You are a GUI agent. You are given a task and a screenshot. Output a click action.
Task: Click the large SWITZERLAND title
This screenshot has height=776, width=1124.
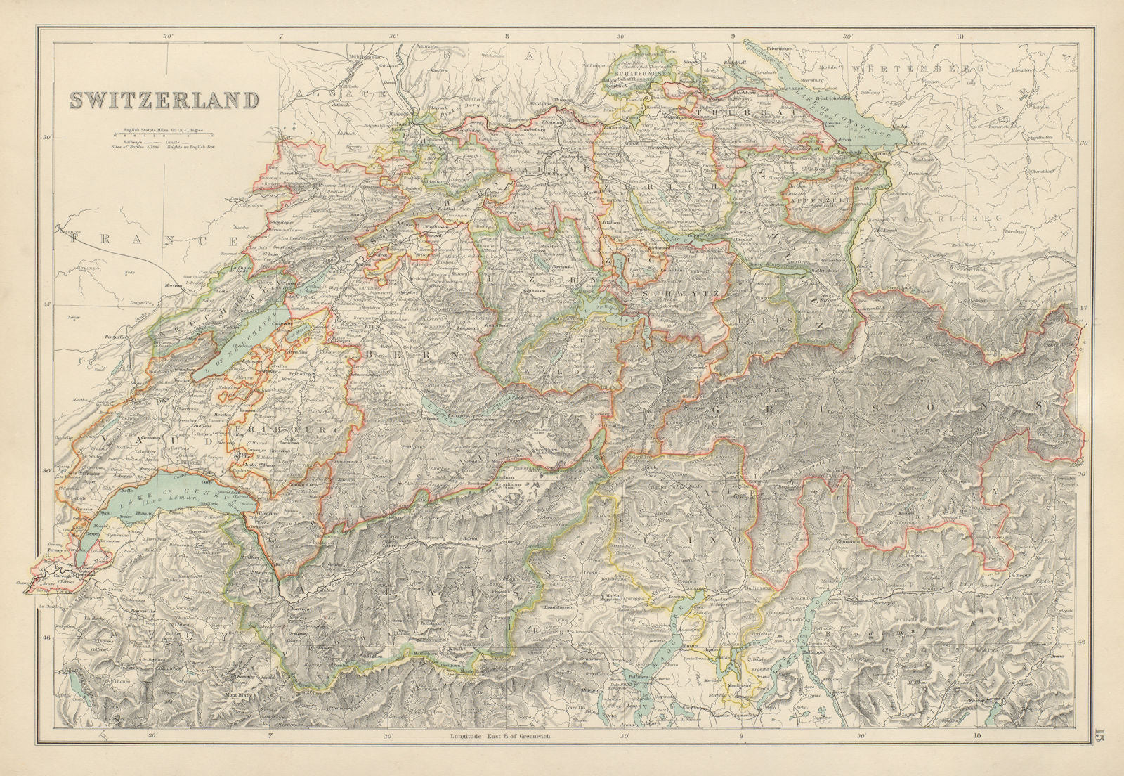(163, 100)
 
